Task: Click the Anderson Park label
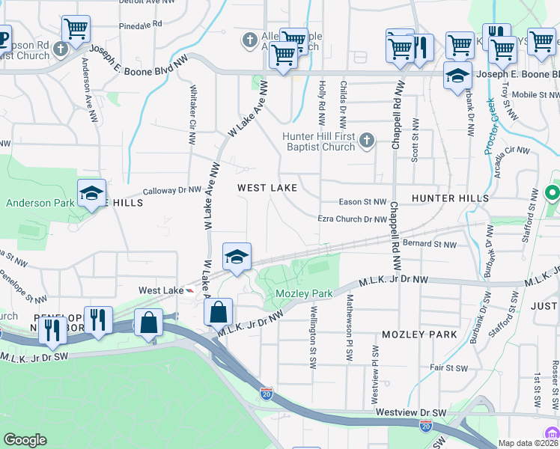click(x=40, y=203)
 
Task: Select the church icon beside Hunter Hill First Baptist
click(x=366, y=140)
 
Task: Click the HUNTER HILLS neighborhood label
click(x=449, y=198)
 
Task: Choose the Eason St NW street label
click(x=362, y=202)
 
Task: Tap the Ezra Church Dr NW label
click(x=352, y=219)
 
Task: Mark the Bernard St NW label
click(x=429, y=244)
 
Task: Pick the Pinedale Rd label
click(x=140, y=25)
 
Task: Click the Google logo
click(x=25, y=440)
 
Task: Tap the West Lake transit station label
click(x=160, y=290)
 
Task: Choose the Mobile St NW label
click(x=535, y=95)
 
